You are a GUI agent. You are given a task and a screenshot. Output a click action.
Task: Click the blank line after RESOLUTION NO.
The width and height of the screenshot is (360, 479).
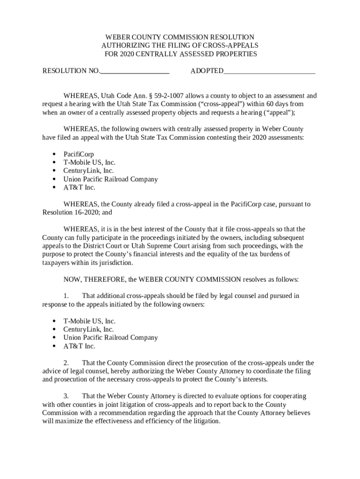(134, 71)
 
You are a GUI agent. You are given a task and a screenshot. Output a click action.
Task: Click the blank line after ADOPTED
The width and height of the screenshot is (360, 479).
(269, 71)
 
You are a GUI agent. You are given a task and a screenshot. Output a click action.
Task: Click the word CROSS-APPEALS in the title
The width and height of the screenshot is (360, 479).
(232, 45)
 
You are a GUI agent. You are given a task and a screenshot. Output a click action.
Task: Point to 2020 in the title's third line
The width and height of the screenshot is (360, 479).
(127, 54)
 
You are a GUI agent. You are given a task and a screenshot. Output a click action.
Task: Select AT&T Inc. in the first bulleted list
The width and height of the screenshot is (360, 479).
(79, 188)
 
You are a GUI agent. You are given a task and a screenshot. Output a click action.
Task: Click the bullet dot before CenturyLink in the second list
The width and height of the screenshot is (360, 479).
(54, 329)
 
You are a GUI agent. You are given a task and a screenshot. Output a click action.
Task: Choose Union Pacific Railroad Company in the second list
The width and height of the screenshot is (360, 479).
(110, 338)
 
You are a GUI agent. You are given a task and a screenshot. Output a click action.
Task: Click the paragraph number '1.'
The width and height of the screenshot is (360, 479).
(66, 296)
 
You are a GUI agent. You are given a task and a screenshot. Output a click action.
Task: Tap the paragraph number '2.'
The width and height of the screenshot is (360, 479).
(66, 363)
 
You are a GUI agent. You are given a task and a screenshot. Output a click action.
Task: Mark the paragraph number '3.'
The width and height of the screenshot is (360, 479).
(66, 396)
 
